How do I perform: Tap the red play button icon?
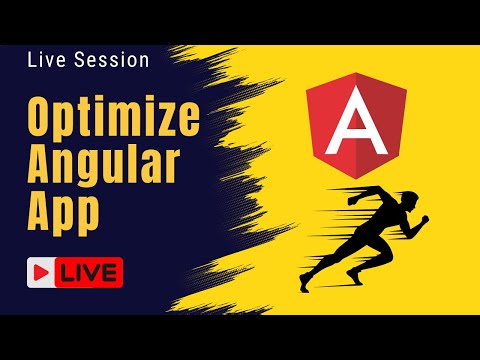click(42, 271)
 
